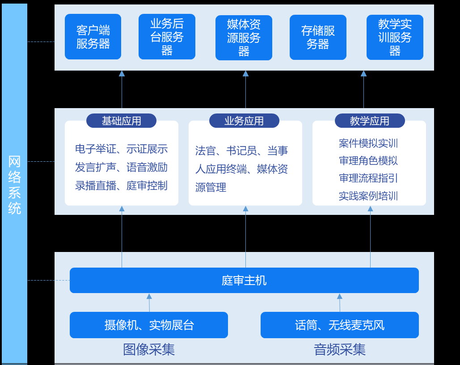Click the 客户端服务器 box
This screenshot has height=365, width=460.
pyautogui.click(x=93, y=37)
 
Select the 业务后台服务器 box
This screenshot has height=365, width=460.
pyautogui.click(x=167, y=37)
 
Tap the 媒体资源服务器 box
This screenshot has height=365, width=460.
pyautogui.click(x=244, y=38)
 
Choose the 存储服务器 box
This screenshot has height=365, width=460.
pyautogui.click(x=318, y=37)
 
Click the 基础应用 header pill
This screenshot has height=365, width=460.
pyautogui.click(x=121, y=121)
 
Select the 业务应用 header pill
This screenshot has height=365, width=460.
pyautogui.click(x=244, y=121)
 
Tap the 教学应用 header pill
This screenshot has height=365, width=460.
pyautogui.click(x=369, y=121)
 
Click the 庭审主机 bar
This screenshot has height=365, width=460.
pyautogui.click(x=244, y=281)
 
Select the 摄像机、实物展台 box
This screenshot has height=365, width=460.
pyautogui.click(x=149, y=325)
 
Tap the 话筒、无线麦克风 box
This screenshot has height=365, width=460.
pyautogui.click(x=340, y=325)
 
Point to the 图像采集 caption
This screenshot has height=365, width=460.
pyautogui.click(x=149, y=349)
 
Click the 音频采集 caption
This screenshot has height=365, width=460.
pyautogui.click(x=340, y=349)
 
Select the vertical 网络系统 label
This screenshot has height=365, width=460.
pyautogui.click(x=14, y=185)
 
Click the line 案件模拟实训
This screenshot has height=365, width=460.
pyautogui.click(x=368, y=143)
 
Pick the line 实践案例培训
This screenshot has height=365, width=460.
pyautogui.click(x=368, y=196)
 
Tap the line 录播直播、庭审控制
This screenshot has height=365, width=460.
pyautogui.click(x=121, y=185)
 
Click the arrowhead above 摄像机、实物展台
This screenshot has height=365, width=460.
pyautogui.click(x=149, y=296)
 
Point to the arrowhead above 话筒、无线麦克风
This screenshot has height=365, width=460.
pyautogui.click(x=340, y=296)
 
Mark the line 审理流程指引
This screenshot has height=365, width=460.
pyautogui.click(x=368, y=178)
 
